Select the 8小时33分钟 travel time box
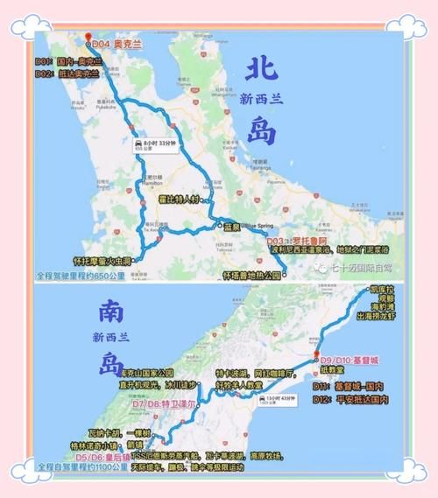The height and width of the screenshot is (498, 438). (157, 145)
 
